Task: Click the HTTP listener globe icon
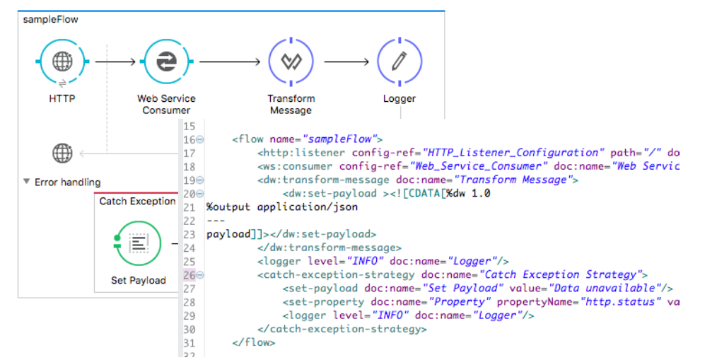coord(62,62)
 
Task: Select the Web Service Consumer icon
coord(166,62)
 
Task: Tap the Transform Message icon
coord(291,62)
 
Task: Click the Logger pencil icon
coord(399,62)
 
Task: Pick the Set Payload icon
coord(139,243)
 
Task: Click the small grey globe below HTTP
coord(62,152)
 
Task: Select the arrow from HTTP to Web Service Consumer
coord(115,62)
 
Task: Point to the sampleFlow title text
coord(51,19)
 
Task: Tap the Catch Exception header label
coord(137,202)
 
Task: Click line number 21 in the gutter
coord(189,207)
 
